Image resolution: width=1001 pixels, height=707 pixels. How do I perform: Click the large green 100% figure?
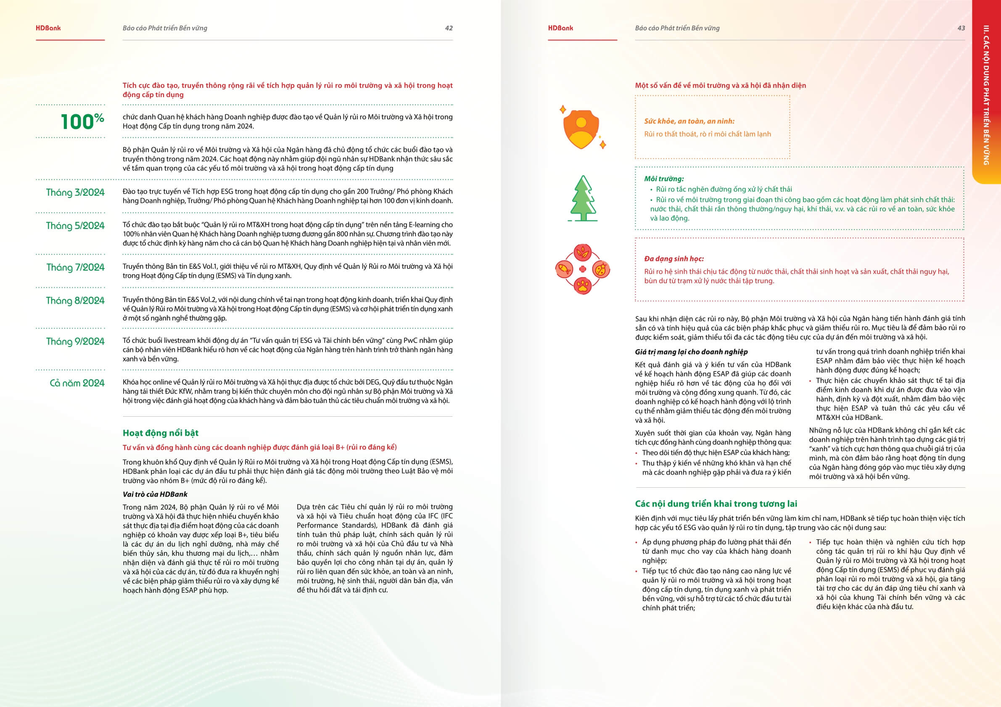click(x=82, y=121)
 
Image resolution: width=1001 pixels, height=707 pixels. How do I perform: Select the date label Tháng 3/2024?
click(x=75, y=192)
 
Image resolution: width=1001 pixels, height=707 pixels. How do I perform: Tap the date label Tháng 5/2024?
click(x=75, y=226)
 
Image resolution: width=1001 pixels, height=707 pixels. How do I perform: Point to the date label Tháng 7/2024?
click(x=75, y=268)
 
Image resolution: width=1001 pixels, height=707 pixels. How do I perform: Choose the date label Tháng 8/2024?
click(x=75, y=301)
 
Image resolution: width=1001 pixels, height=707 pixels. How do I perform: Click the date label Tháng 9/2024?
click(x=75, y=342)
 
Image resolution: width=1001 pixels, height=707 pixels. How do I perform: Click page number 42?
click(x=449, y=28)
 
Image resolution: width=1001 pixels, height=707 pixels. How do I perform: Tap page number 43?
click(x=961, y=28)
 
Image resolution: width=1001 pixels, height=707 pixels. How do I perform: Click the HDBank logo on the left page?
click(x=48, y=28)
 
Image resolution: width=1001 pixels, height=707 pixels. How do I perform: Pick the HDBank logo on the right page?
click(x=561, y=28)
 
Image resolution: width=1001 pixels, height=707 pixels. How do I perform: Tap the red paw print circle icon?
click(x=583, y=286)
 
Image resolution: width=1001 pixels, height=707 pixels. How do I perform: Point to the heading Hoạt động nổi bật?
click(x=161, y=433)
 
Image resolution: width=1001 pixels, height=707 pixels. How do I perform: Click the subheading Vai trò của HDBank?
click(x=155, y=494)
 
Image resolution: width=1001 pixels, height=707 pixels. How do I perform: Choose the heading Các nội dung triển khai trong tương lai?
click(x=716, y=504)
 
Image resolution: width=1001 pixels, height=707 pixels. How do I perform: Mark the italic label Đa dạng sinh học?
click(x=674, y=259)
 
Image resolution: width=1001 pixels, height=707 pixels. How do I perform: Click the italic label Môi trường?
click(x=664, y=179)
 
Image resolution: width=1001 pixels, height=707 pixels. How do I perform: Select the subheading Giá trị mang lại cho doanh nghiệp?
click(x=691, y=352)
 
